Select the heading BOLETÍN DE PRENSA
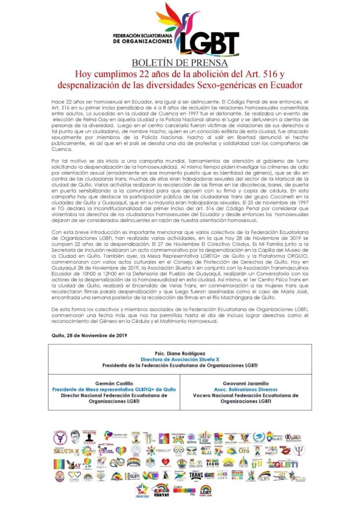pos(180,63)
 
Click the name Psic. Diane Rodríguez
pos(180,352)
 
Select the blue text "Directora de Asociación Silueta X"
pos(180,358)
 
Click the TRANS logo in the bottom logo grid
pos(196,475)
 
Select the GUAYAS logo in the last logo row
pos(159,490)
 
